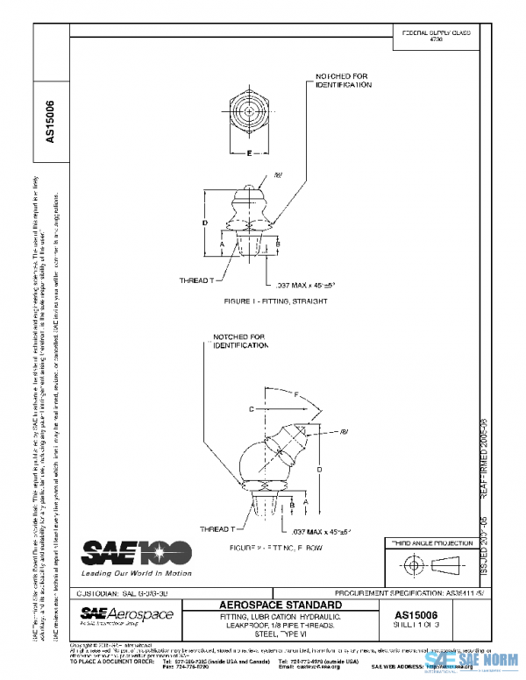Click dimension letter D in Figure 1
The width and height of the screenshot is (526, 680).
click(204, 223)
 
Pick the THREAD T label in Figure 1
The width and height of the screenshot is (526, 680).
click(196, 280)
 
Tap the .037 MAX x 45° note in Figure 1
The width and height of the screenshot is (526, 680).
click(306, 285)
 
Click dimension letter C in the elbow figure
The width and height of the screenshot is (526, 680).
click(251, 408)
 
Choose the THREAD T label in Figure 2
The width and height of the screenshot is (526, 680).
click(217, 529)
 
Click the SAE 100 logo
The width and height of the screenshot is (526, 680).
click(136, 553)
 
